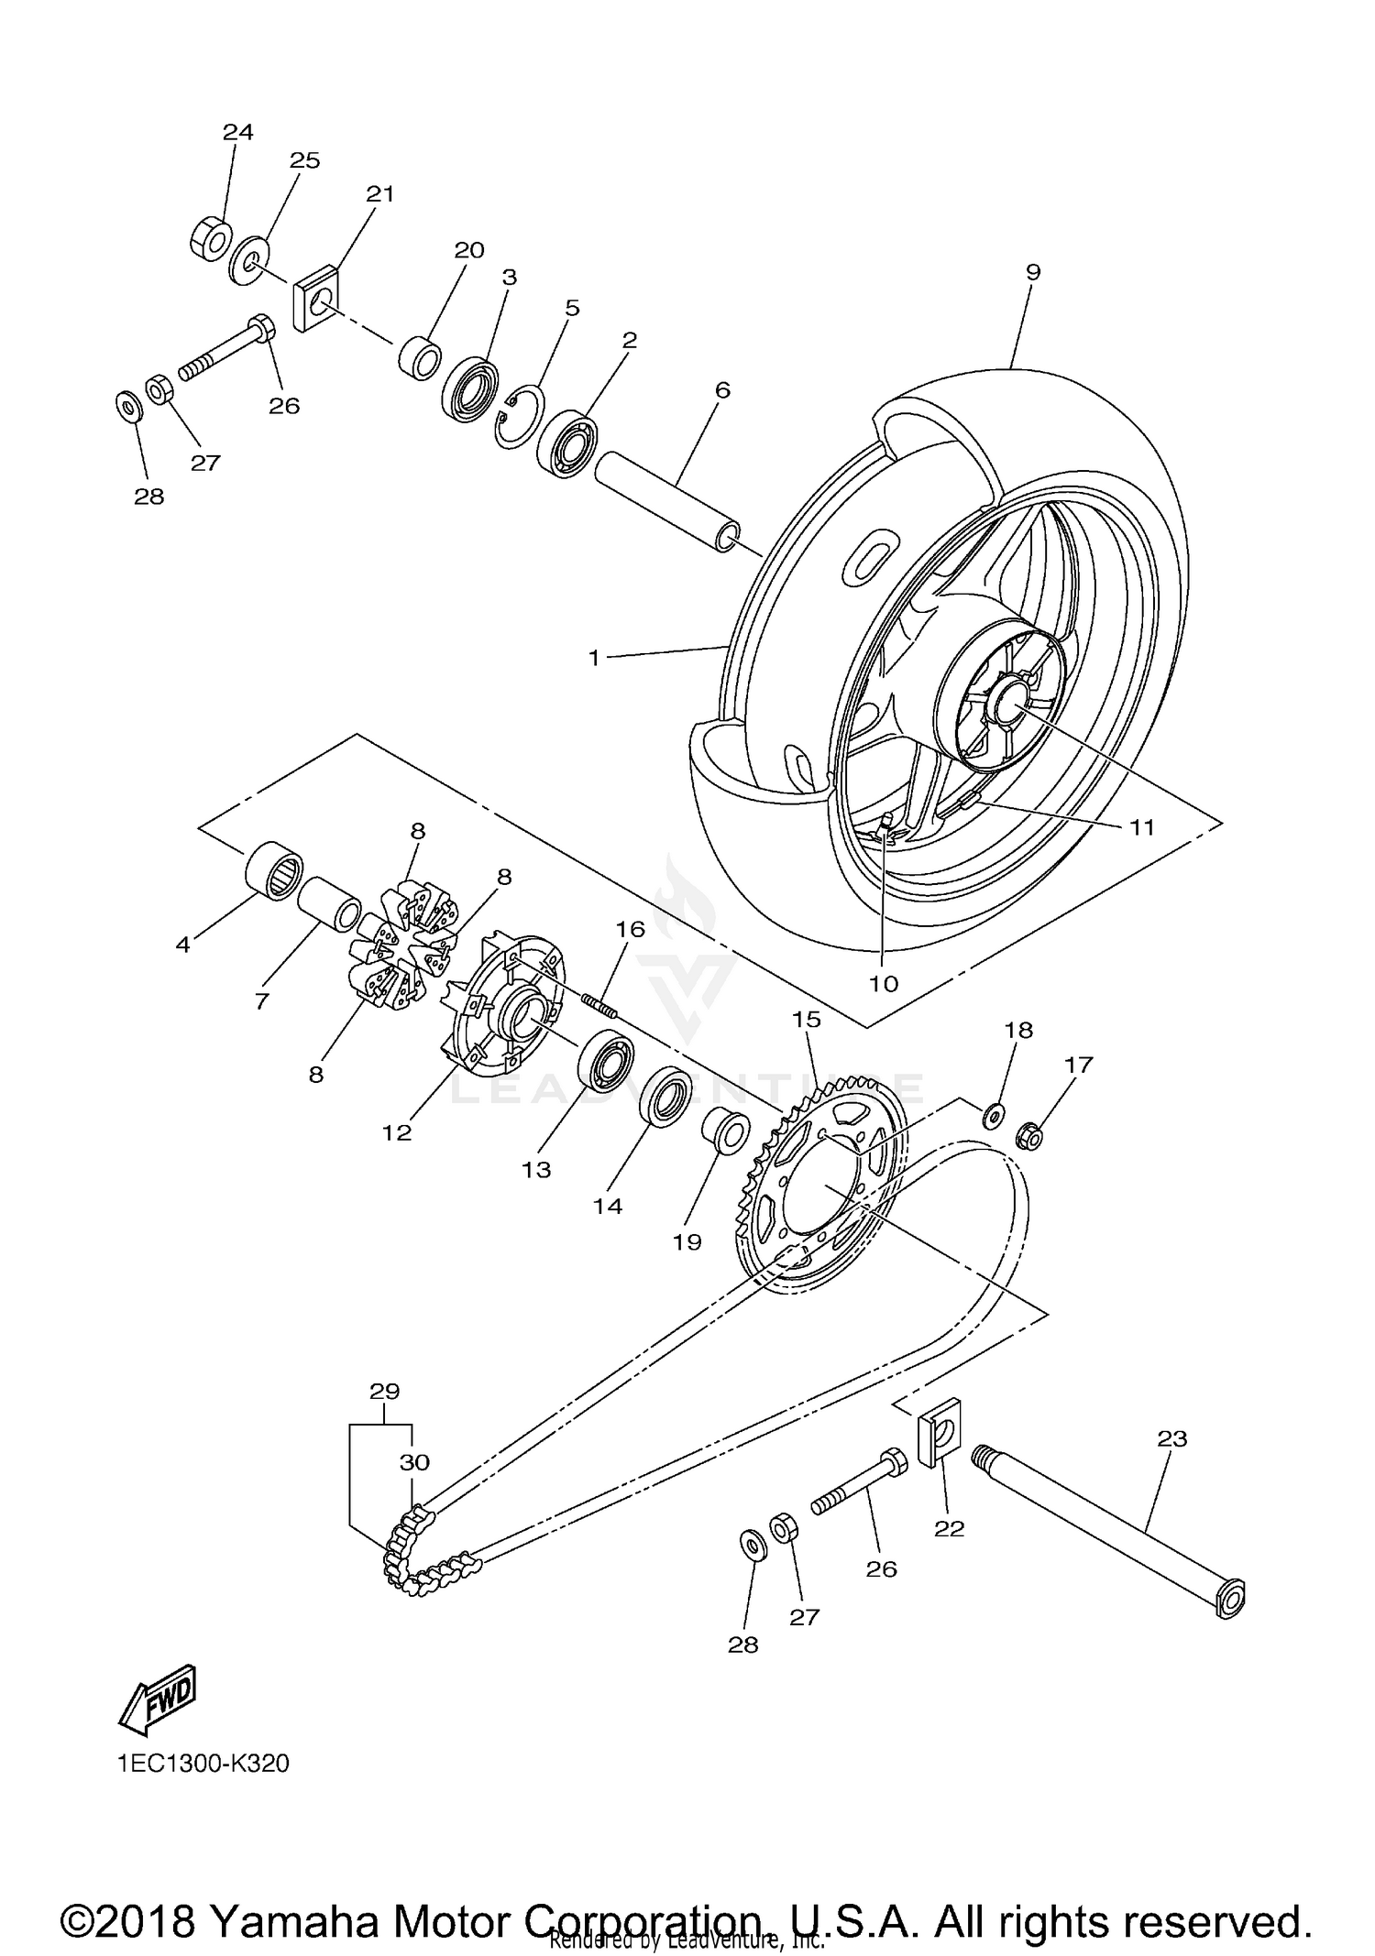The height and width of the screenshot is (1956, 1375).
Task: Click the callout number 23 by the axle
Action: (x=1171, y=1439)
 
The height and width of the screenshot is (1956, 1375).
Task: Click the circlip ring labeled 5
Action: (x=521, y=417)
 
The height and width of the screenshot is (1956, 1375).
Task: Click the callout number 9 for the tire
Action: (x=1033, y=272)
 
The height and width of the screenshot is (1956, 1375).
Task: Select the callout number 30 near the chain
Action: (x=414, y=1462)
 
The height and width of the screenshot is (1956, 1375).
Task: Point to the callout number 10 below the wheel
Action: (x=884, y=984)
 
